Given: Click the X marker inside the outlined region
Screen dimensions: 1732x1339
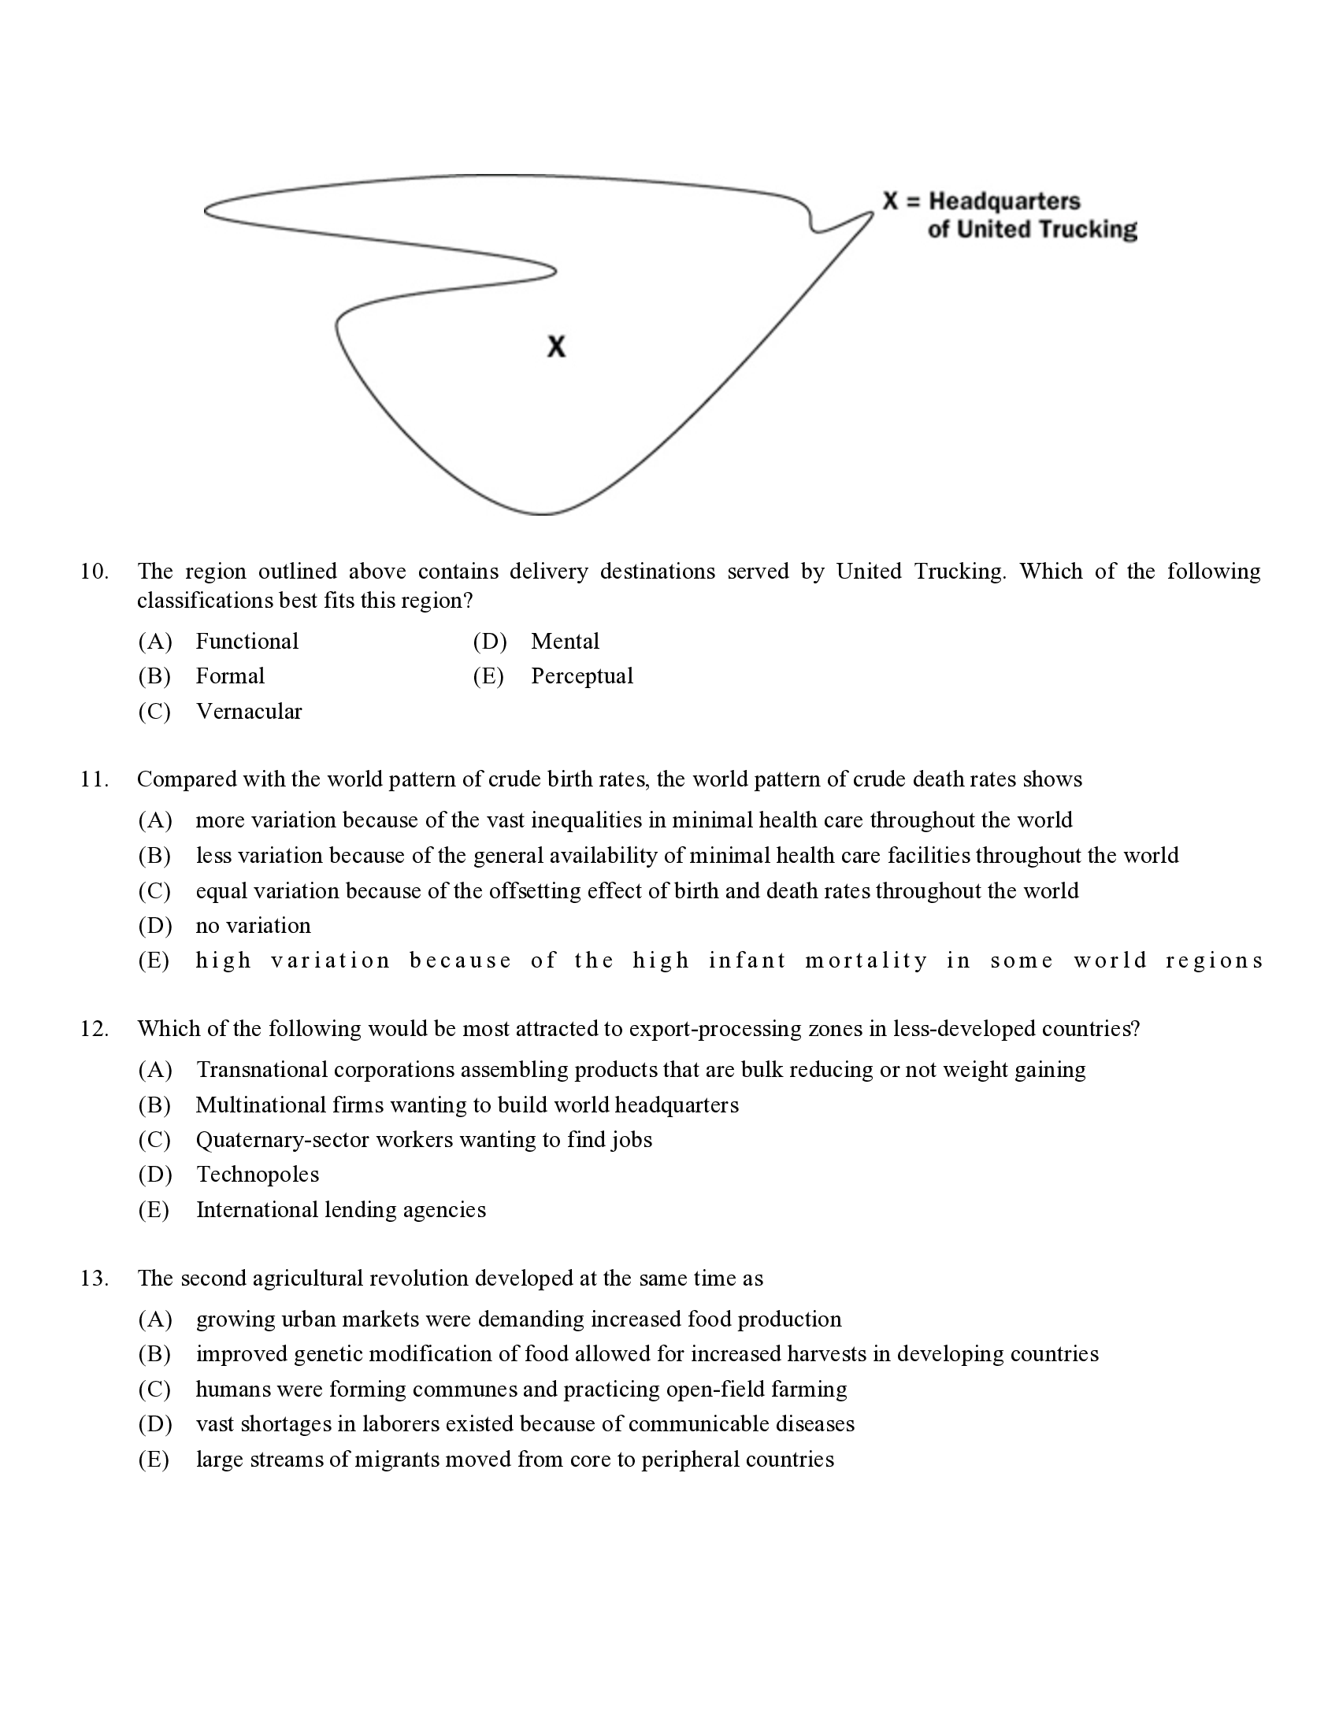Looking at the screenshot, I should pos(556,346).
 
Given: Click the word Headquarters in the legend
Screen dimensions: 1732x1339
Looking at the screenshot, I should pos(1004,201).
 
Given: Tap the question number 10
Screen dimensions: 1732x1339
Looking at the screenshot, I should pos(94,571).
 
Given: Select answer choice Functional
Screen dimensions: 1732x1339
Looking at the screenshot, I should pos(247,641).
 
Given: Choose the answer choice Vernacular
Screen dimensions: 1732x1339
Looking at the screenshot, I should pos(248,712).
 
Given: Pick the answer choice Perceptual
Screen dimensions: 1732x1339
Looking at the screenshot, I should pos(581,675).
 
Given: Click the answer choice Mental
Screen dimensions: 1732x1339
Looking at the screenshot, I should pos(565,641).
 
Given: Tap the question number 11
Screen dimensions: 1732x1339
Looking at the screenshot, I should pos(94,779).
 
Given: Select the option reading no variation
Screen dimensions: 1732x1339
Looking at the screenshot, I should pos(253,926).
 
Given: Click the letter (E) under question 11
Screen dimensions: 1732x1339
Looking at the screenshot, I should pos(154,960).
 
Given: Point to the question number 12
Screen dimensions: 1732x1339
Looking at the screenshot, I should pos(94,1029).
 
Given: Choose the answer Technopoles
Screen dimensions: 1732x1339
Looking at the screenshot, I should pos(257,1174).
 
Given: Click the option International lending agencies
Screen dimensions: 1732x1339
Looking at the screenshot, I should pos(340,1209).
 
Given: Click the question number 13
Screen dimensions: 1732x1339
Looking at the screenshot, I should pos(94,1278).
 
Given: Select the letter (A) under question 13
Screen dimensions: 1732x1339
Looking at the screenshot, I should pos(154,1319).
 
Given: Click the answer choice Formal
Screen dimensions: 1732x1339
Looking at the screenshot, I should pos(230,675).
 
